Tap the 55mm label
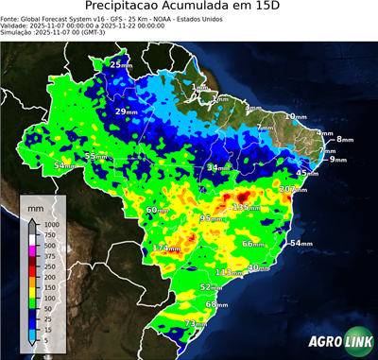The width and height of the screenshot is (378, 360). pyautogui.click(x=96, y=157)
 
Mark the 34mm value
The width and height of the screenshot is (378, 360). pyautogui.click(x=218, y=168)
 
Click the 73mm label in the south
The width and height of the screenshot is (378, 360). pyautogui.click(x=195, y=324)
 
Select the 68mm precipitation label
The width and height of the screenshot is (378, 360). pyautogui.click(x=216, y=304)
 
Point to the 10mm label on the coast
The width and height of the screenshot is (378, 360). pyautogui.click(x=296, y=116)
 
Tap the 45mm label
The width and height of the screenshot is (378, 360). pyautogui.click(x=306, y=174)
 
